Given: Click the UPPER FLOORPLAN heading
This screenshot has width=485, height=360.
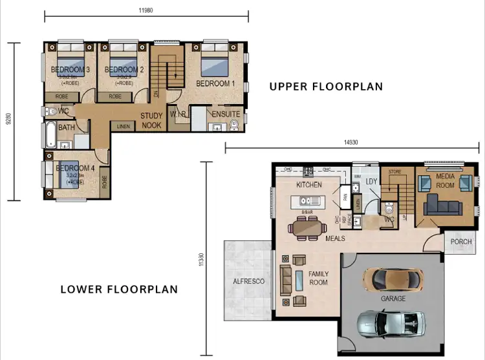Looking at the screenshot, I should pos(326,87).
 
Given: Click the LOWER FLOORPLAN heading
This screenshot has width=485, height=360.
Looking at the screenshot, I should pos(119,289).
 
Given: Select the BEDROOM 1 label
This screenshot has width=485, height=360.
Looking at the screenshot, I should pos(215,83).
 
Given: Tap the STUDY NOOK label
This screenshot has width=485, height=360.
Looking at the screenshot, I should pos(151,120).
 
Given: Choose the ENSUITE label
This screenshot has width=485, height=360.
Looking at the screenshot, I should pos(226,114).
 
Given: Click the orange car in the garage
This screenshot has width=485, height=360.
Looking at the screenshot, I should pos(393,279).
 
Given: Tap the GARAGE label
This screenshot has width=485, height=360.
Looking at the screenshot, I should pos(393,299).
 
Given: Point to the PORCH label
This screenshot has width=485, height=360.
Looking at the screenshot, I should pos(461,242).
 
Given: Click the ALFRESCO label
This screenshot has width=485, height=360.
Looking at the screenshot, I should pos(248,282).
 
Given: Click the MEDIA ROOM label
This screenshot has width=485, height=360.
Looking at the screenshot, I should pos(446,180).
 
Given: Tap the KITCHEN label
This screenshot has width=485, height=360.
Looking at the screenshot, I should pos(308,185).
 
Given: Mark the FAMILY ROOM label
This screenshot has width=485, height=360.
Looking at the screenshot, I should pos(318,278).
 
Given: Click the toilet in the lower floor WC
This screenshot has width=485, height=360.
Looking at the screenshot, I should pos(388,209).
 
